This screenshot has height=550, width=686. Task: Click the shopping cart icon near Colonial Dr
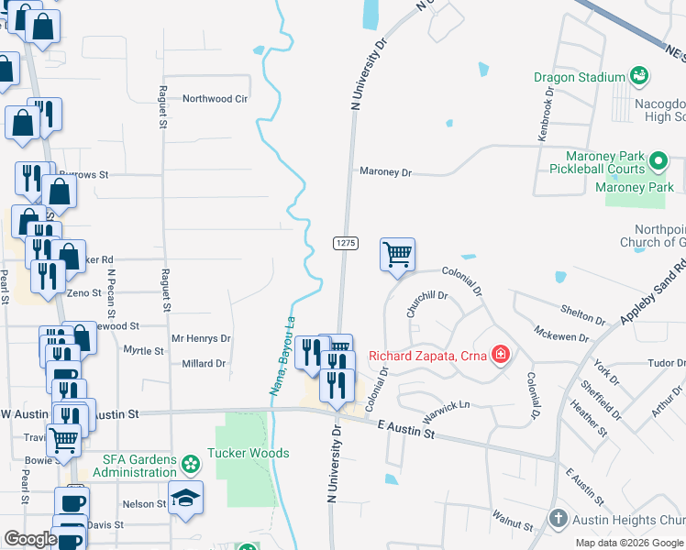point(397,254)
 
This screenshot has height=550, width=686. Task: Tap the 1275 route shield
point(345,242)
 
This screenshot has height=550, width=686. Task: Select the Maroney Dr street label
point(386,171)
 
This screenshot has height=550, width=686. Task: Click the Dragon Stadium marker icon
point(639,76)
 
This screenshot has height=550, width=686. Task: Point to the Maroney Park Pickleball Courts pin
point(658,162)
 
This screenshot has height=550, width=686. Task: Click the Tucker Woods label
point(248,453)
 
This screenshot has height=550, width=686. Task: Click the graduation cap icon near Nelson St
point(186,498)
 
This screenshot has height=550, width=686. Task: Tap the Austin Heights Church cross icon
point(558,520)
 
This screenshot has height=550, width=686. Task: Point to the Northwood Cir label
point(216,99)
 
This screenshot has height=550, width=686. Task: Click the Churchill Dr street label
point(426,302)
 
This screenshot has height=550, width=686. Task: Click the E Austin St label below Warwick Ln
point(406,426)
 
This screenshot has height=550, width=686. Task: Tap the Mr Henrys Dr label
point(202,338)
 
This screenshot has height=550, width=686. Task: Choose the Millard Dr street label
point(204,364)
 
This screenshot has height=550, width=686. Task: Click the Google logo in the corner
point(30,540)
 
